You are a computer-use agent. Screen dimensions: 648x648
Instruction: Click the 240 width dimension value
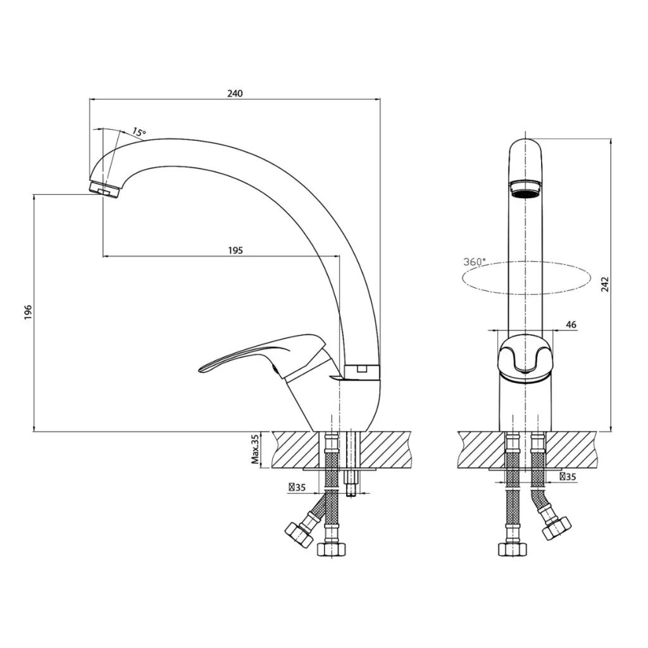pos(235,94)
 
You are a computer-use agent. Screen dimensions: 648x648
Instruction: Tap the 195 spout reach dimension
pos(235,250)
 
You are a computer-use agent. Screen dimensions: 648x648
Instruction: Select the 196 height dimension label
pos(28,312)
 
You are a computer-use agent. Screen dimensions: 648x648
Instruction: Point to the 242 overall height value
pos(605,284)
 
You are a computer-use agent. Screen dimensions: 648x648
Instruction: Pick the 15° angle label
pos(139,132)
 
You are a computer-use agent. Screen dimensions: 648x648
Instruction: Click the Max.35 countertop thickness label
pos(255,449)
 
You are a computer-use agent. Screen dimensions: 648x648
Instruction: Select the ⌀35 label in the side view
pos(297,488)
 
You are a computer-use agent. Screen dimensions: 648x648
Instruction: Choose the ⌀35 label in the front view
pos(568,477)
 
